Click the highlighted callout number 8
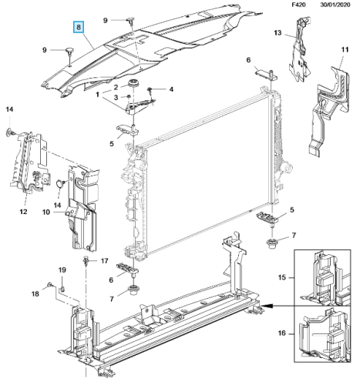point(79,27)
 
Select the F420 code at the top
point(298,5)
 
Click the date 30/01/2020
point(335,5)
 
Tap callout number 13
point(278,33)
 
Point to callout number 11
point(345,49)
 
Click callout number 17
point(104,261)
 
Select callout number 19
point(62,269)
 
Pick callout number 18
point(35,293)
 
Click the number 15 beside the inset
point(282,277)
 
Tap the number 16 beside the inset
point(282,333)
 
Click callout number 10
point(46,213)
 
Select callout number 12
point(23,212)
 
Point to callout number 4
point(171,89)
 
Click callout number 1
point(97,95)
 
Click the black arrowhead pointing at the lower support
point(267,306)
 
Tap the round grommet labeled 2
point(133,83)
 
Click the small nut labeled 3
point(130,97)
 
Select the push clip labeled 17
point(86,261)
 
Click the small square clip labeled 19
point(62,290)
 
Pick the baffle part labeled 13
point(300,49)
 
